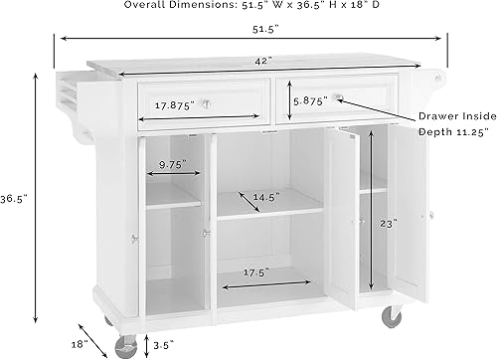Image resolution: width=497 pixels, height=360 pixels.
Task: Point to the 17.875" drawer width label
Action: pyautogui.click(x=173, y=103)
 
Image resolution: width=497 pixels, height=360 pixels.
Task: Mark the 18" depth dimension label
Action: pyautogui.click(x=82, y=342)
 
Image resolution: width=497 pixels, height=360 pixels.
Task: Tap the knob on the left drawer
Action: pyautogui.click(x=207, y=103)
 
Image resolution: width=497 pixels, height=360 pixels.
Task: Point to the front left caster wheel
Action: pyautogui.click(x=126, y=347)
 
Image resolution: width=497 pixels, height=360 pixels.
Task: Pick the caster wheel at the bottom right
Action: pyautogui.click(x=392, y=315)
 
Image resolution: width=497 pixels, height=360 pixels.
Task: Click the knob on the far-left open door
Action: pyautogui.click(x=135, y=237)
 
